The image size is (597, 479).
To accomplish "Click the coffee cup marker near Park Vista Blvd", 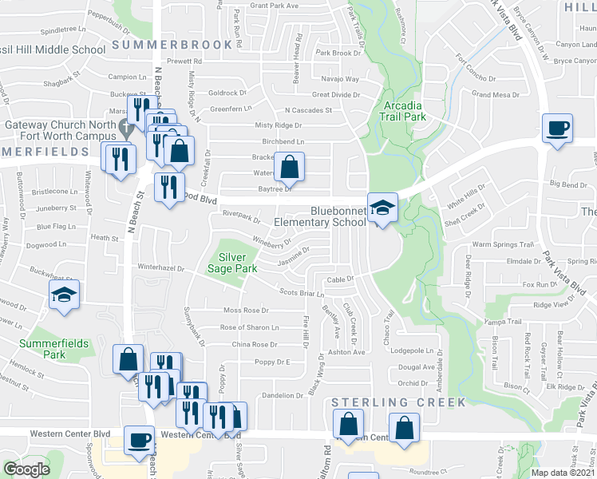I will (557, 127).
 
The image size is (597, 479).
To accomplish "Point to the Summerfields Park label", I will (42, 348).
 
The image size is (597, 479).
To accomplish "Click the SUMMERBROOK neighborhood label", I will (165, 46).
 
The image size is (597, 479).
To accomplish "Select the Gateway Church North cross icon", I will (125, 126).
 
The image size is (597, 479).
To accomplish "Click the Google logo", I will (27, 469).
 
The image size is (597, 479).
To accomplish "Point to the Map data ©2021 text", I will (563, 473).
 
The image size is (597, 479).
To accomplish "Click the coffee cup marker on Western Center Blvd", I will (140, 440).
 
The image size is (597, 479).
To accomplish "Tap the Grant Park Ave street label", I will (274, 6).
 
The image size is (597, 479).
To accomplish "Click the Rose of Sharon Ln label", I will (250, 327).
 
